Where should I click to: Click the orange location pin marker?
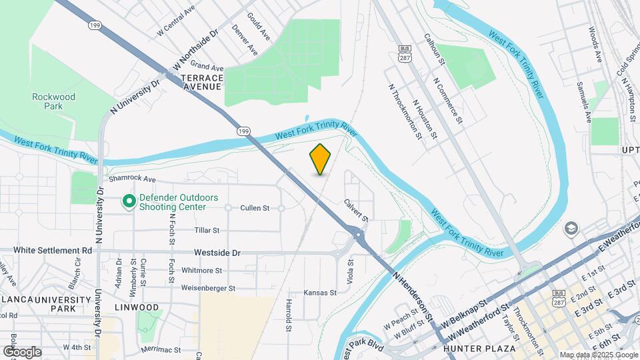pyautogui.click(x=320, y=159)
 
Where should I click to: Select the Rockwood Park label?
pyautogui.click(x=54, y=101)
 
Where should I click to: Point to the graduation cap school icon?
pyautogui.click(x=570, y=229)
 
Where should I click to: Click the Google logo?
pyautogui.click(x=22, y=351)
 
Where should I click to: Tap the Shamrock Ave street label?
pyautogui.click(x=131, y=180)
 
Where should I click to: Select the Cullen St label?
pyautogui.click(x=255, y=208)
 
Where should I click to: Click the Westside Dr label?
pyautogui.click(x=217, y=253)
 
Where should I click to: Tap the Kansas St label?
pyautogui.click(x=317, y=293)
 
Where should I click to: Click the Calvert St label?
pyautogui.click(x=356, y=209)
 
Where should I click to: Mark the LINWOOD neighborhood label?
pyautogui.click(x=137, y=307)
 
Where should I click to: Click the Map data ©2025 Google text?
pyautogui.click(x=597, y=355)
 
